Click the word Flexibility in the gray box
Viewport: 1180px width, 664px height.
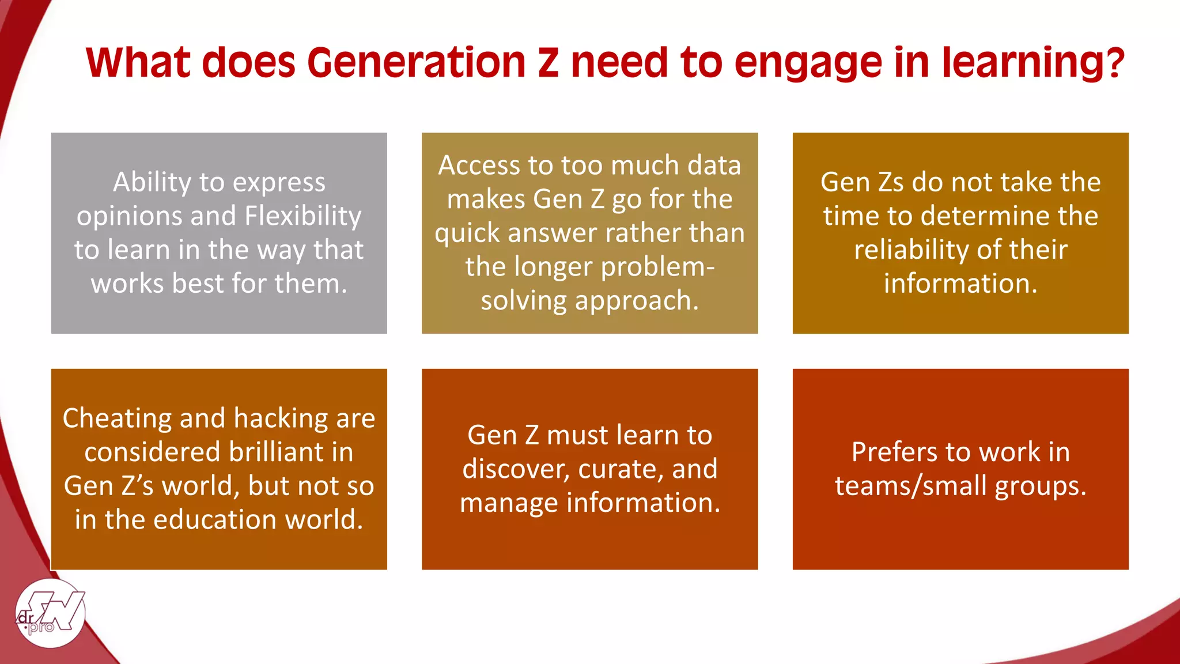303,216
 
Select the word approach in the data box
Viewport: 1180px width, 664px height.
633,301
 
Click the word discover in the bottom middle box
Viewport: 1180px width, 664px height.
515,469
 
